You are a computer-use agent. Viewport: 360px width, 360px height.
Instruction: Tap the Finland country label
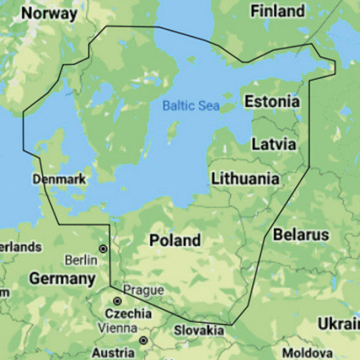278,11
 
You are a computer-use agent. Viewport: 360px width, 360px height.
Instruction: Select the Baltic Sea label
191,105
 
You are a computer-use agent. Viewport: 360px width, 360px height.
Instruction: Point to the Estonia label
272,101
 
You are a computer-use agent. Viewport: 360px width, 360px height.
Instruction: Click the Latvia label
273,143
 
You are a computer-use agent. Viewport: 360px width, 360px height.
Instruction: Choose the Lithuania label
245,179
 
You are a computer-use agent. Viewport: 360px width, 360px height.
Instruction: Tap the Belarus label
301,234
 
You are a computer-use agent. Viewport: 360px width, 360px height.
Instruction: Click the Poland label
175,240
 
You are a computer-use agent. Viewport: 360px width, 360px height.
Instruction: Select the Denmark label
58,179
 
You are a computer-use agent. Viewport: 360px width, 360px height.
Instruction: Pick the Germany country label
62,279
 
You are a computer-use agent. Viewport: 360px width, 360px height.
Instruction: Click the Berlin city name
81,260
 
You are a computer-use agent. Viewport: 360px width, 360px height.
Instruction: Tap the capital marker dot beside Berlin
103,249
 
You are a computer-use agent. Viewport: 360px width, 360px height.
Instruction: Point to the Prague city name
139,289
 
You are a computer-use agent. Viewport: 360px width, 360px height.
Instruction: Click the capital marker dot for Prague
117,301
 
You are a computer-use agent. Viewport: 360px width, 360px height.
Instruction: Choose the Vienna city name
118,328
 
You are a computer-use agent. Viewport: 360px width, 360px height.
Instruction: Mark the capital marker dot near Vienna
143,340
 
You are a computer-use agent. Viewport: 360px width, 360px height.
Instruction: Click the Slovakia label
199,331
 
